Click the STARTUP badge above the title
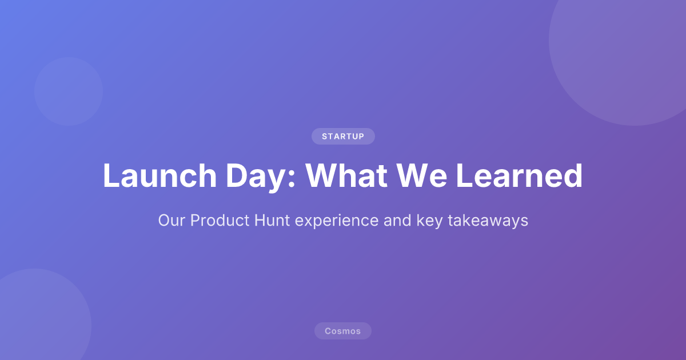pyautogui.click(x=343, y=137)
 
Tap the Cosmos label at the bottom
pyautogui.click(x=343, y=331)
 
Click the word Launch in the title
pyautogui.click(x=152, y=176)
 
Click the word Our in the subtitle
pyautogui.click(x=171, y=221)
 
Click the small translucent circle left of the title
pyautogui.click(x=69, y=91)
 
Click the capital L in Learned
pyautogui.click(x=464, y=176)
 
